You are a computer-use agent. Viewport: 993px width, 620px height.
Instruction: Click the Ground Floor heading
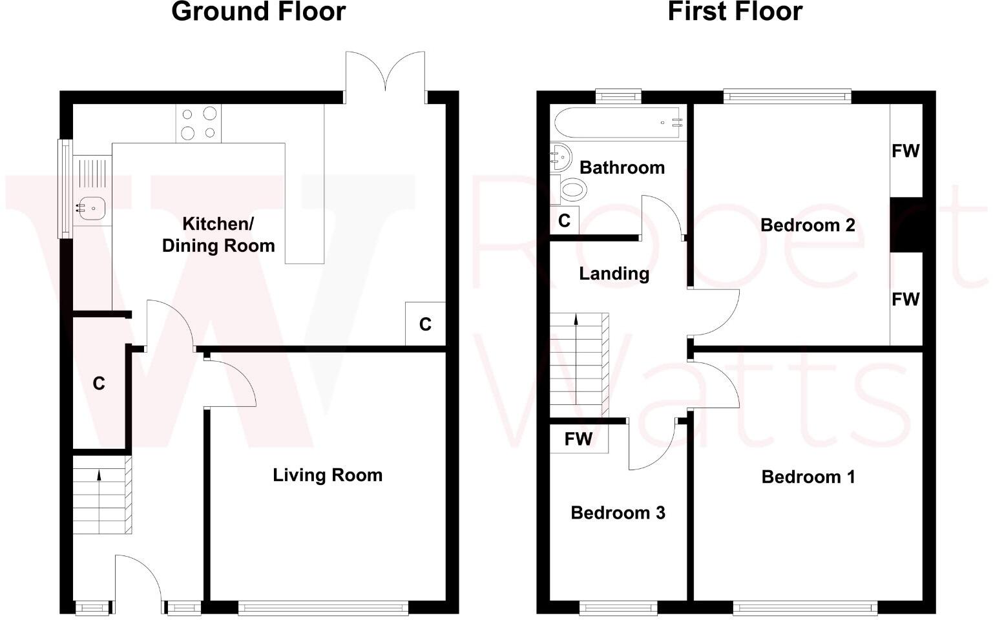(x=258, y=12)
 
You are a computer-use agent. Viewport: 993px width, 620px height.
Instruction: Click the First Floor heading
(x=735, y=12)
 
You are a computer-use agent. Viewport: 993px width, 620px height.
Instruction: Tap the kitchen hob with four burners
(x=198, y=123)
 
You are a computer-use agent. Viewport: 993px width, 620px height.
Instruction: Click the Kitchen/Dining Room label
(x=218, y=234)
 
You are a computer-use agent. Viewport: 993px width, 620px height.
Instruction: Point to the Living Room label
(x=327, y=475)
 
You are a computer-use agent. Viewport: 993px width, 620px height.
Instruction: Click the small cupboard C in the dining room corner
(x=425, y=324)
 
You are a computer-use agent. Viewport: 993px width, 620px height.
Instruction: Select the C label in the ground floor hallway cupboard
(x=99, y=384)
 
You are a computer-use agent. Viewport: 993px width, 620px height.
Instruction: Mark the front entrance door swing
(x=138, y=578)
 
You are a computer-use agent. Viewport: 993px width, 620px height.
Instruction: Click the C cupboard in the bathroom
(x=564, y=221)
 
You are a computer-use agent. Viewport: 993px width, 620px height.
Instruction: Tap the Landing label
(x=614, y=274)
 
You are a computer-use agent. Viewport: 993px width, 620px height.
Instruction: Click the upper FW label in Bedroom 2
(x=905, y=151)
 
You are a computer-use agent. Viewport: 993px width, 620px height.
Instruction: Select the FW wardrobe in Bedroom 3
(x=578, y=439)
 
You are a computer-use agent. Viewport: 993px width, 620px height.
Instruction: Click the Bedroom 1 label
(x=808, y=477)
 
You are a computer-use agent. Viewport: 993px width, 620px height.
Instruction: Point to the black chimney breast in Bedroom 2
(x=906, y=224)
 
